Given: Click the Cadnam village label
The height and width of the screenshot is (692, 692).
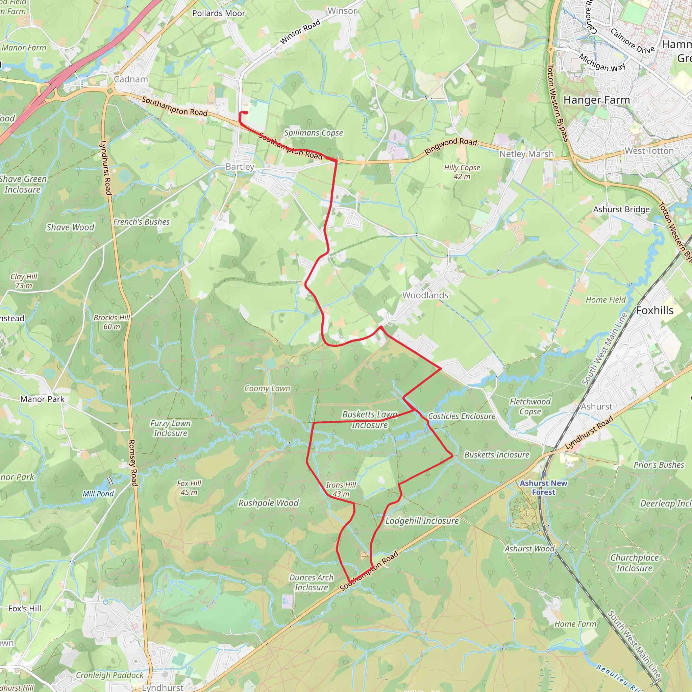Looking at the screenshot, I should click(131, 79).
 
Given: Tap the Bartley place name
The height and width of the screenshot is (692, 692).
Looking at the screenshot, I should click(240, 167).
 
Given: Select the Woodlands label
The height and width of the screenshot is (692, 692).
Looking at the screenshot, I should click(425, 295).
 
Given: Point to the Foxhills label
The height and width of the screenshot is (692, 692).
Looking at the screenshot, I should click(654, 311).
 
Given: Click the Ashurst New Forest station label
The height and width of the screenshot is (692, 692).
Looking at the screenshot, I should click(543, 488).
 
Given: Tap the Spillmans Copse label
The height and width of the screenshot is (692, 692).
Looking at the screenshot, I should click(314, 133).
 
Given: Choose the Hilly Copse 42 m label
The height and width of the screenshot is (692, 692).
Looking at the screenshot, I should click(462, 172).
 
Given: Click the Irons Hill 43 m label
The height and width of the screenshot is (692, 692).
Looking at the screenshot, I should click(341, 489).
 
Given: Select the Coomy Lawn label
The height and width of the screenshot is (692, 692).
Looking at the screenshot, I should click(267, 389).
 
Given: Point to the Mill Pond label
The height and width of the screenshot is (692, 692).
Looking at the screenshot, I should click(98, 494).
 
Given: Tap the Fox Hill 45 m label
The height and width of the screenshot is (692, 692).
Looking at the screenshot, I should click(189, 488).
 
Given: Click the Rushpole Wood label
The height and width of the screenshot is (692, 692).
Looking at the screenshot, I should click(268, 503).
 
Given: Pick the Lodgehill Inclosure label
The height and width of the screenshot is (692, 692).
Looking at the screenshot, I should click(422, 521).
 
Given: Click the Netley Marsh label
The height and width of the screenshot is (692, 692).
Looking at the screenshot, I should click(526, 154).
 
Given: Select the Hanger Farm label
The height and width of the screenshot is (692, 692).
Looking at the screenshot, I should click(596, 100).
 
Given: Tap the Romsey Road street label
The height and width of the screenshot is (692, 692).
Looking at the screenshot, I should click(133, 463).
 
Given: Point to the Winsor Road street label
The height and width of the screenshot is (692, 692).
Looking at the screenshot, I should click(300, 32).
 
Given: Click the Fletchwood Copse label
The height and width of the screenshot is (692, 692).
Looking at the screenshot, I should click(530, 406).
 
